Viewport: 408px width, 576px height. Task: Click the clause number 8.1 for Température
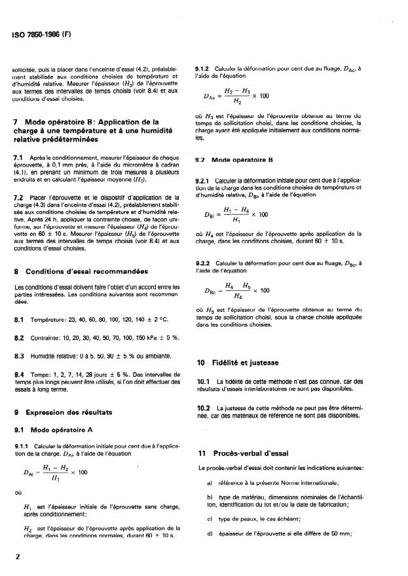pos(19,319)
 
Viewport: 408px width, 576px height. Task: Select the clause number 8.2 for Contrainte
pos(19,337)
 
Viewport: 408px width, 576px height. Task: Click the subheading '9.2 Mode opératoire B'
pos(234,159)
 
